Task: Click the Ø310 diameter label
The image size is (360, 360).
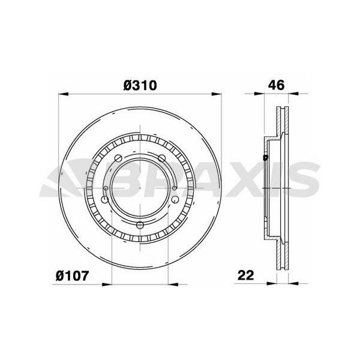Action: click(140, 85)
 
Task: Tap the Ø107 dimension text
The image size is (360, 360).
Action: click(72, 276)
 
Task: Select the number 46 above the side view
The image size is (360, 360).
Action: click(276, 85)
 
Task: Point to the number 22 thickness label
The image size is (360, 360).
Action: click(246, 275)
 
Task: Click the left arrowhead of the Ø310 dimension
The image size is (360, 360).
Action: click(64, 94)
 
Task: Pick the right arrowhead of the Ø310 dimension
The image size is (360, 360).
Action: click(217, 94)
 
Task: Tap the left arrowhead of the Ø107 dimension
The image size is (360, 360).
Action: click(107, 284)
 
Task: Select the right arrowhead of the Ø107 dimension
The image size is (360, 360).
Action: click(173, 284)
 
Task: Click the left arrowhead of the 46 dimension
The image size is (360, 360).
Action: click(259, 94)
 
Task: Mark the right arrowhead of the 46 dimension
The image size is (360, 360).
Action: click(293, 94)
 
